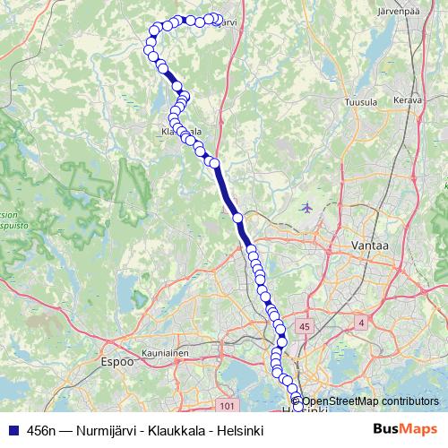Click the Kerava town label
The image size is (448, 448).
coord(407,100)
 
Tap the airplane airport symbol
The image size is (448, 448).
coord(309,208)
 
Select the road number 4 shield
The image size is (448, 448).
coord(360,322)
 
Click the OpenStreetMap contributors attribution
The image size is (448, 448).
coord(369,402)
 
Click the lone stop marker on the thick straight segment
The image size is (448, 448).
coord(237,218)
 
